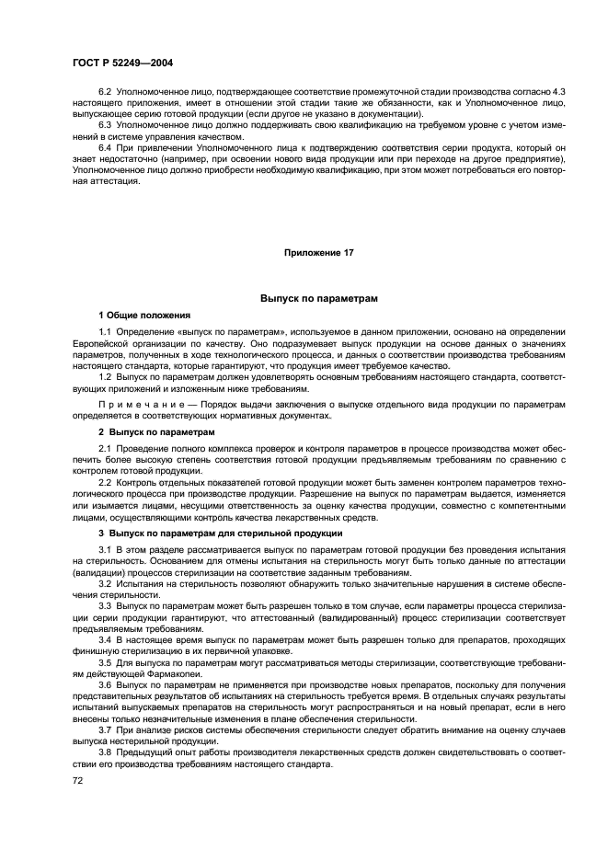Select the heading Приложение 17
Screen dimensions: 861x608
coord(317,252)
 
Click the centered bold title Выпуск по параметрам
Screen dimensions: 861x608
coord(318,299)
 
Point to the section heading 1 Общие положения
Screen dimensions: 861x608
coord(144,315)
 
